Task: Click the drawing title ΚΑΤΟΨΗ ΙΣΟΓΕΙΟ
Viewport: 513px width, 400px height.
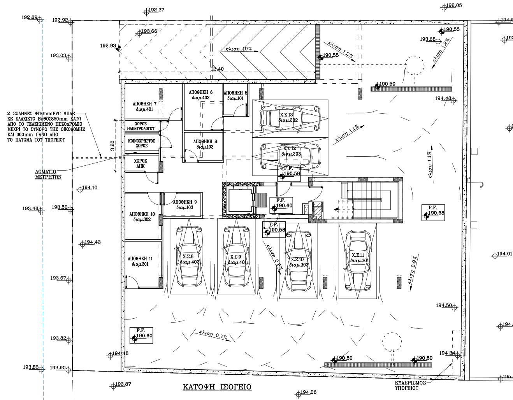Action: click(x=217, y=387)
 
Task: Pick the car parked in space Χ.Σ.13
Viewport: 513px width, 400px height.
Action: click(x=290, y=118)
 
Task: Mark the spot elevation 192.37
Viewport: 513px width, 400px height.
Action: click(x=156, y=10)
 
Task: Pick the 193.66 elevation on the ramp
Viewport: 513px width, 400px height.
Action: click(x=149, y=32)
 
